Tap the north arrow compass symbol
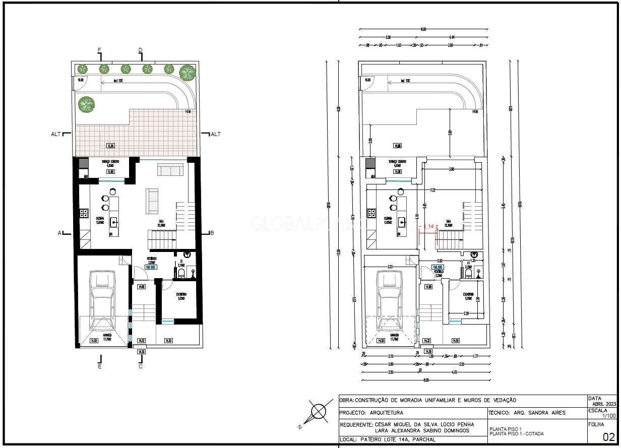coord(319,412)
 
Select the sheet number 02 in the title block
coord(608,436)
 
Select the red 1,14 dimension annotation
coord(429,227)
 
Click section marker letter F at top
coord(99,49)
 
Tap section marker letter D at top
coord(141,49)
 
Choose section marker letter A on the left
coord(59,233)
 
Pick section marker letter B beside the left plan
coord(212,233)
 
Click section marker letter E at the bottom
coord(100,367)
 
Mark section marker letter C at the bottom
coord(141,366)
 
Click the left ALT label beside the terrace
coord(55,134)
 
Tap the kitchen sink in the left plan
coord(114,221)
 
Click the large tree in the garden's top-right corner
coord(188,73)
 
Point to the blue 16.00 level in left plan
coord(151,268)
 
